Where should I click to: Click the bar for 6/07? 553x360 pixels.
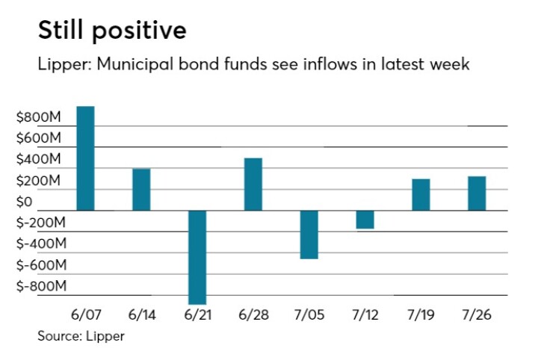tap(86, 158)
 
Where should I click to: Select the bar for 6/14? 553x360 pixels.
tap(141, 190)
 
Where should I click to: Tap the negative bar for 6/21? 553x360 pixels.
tap(197, 257)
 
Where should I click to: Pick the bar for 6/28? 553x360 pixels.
tap(253, 184)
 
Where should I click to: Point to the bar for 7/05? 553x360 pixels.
tap(309, 235)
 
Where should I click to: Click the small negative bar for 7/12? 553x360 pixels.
tap(365, 220)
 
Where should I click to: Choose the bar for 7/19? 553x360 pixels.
tap(421, 195)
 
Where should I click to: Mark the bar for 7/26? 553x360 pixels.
tap(477, 193)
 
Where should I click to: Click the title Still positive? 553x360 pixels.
tap(112, 31)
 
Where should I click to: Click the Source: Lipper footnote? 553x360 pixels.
tap(81, 336)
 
